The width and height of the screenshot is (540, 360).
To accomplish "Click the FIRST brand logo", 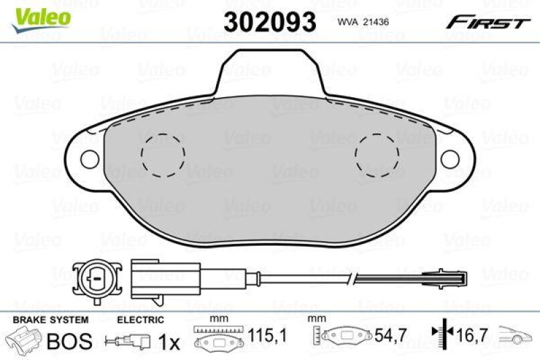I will pyautogui.click(x=486, y=22).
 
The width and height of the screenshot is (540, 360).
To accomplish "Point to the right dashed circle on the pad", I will pyautogui.click(x=377, y=154).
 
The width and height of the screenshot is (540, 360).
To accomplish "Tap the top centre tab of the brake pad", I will pyautogui.click(x=270, y=71).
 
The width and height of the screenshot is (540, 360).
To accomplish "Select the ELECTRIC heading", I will pyautogui.click(x=140, y=319).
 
